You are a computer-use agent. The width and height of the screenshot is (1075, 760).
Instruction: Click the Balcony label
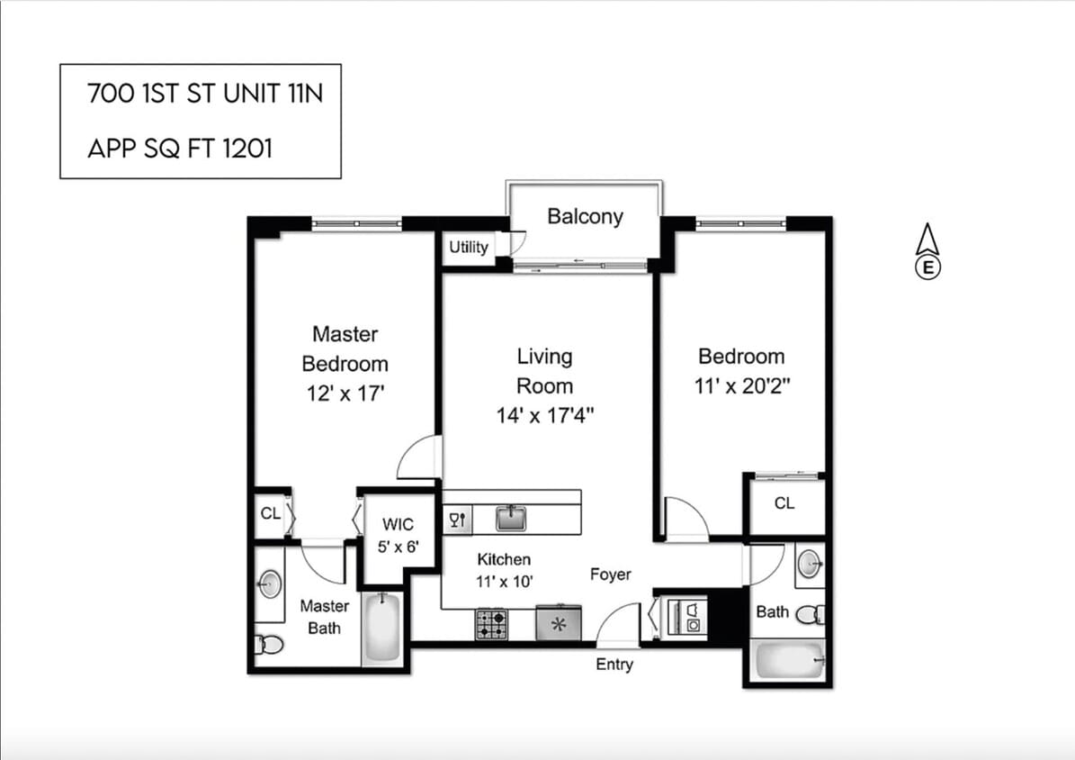point(585,217)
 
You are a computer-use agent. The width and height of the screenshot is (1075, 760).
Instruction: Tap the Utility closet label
point(468,248)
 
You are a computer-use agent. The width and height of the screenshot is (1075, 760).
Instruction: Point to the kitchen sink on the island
point(512,518)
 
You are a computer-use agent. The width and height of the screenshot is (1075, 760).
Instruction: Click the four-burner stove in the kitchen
point(491,624)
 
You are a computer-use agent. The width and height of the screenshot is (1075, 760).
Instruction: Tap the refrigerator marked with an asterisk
point(558,624)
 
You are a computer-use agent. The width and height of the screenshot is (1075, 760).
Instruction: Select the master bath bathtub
point(383,629)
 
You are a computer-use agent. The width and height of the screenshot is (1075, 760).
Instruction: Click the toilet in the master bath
point(269,644)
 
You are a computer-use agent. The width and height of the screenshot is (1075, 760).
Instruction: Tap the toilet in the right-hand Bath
point(811,615)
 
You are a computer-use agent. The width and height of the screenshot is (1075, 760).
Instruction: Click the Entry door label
point(614,665)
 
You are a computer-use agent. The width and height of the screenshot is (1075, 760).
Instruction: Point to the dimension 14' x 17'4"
point(544,415)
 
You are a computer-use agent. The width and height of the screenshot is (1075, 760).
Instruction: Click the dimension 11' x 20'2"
point(741,385)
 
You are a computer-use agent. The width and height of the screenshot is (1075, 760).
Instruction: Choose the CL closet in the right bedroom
point(784,504)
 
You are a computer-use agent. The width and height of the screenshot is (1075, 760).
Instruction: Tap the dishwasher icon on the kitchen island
point(457,519)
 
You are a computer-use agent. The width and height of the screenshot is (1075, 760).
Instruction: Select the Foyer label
point(610,575)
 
